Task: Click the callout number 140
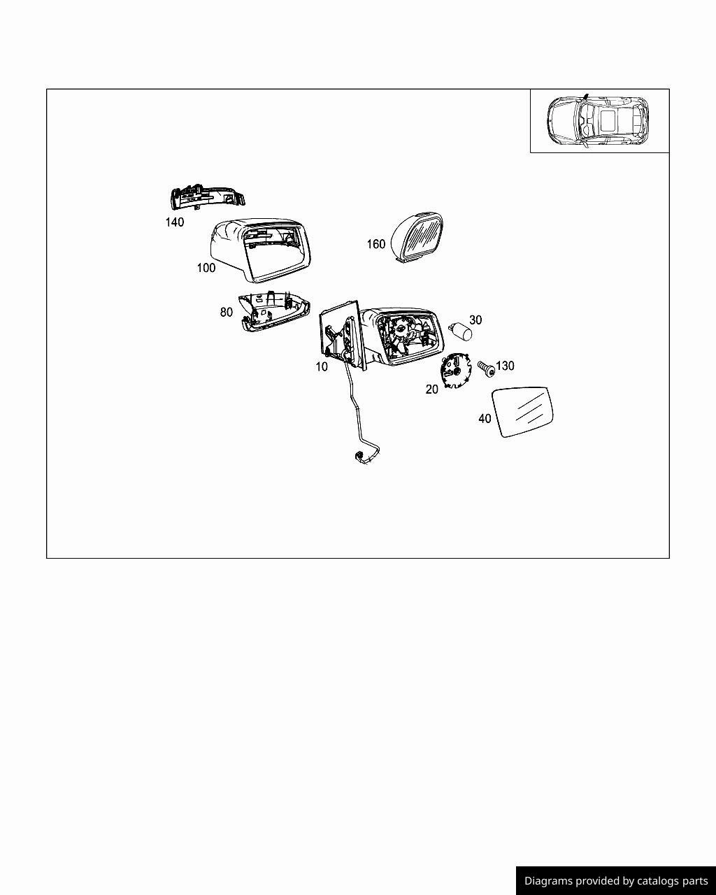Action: [174, 222]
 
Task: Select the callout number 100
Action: [206, 268]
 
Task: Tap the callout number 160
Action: [375, 244]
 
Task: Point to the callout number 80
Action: [226, 312]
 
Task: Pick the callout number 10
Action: [322, 366]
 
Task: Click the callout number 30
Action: [475, 320]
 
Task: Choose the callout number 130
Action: [505, 366]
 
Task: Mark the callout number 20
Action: [432, 389]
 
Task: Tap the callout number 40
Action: [485, 418]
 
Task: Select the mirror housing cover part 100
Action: [260, 250]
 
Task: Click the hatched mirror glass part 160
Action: [417, 238]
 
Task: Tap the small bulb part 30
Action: [461, 331]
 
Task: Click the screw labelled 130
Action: [486, 368]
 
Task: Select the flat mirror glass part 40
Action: [522, 412]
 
